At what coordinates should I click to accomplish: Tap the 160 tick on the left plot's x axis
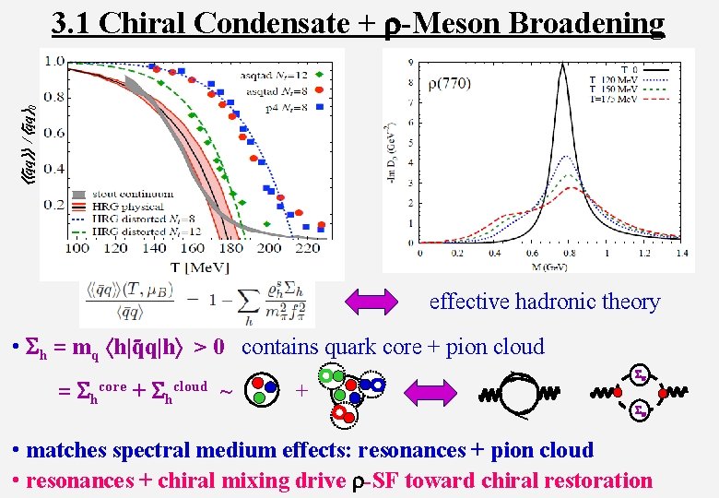tap(193, 248)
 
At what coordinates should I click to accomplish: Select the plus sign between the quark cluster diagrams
tap(301, 389)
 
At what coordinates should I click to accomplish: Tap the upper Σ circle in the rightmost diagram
tap(638, 373)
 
